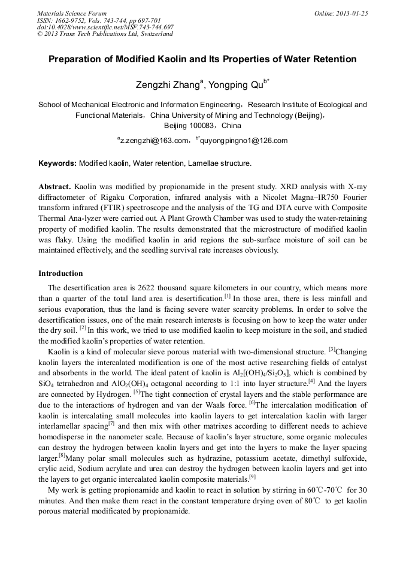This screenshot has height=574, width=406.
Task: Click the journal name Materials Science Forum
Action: click(x=72, y=13)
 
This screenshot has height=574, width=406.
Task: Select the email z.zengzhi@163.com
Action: click(x=154, y=141)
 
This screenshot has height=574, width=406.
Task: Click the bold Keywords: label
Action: click(x=57, y=163)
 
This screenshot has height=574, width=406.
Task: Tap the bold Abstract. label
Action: click(x=55, y=186)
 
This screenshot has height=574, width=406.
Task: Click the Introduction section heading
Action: click(x=60, y=274)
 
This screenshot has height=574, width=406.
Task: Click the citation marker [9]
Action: click(x=252, y=478)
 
